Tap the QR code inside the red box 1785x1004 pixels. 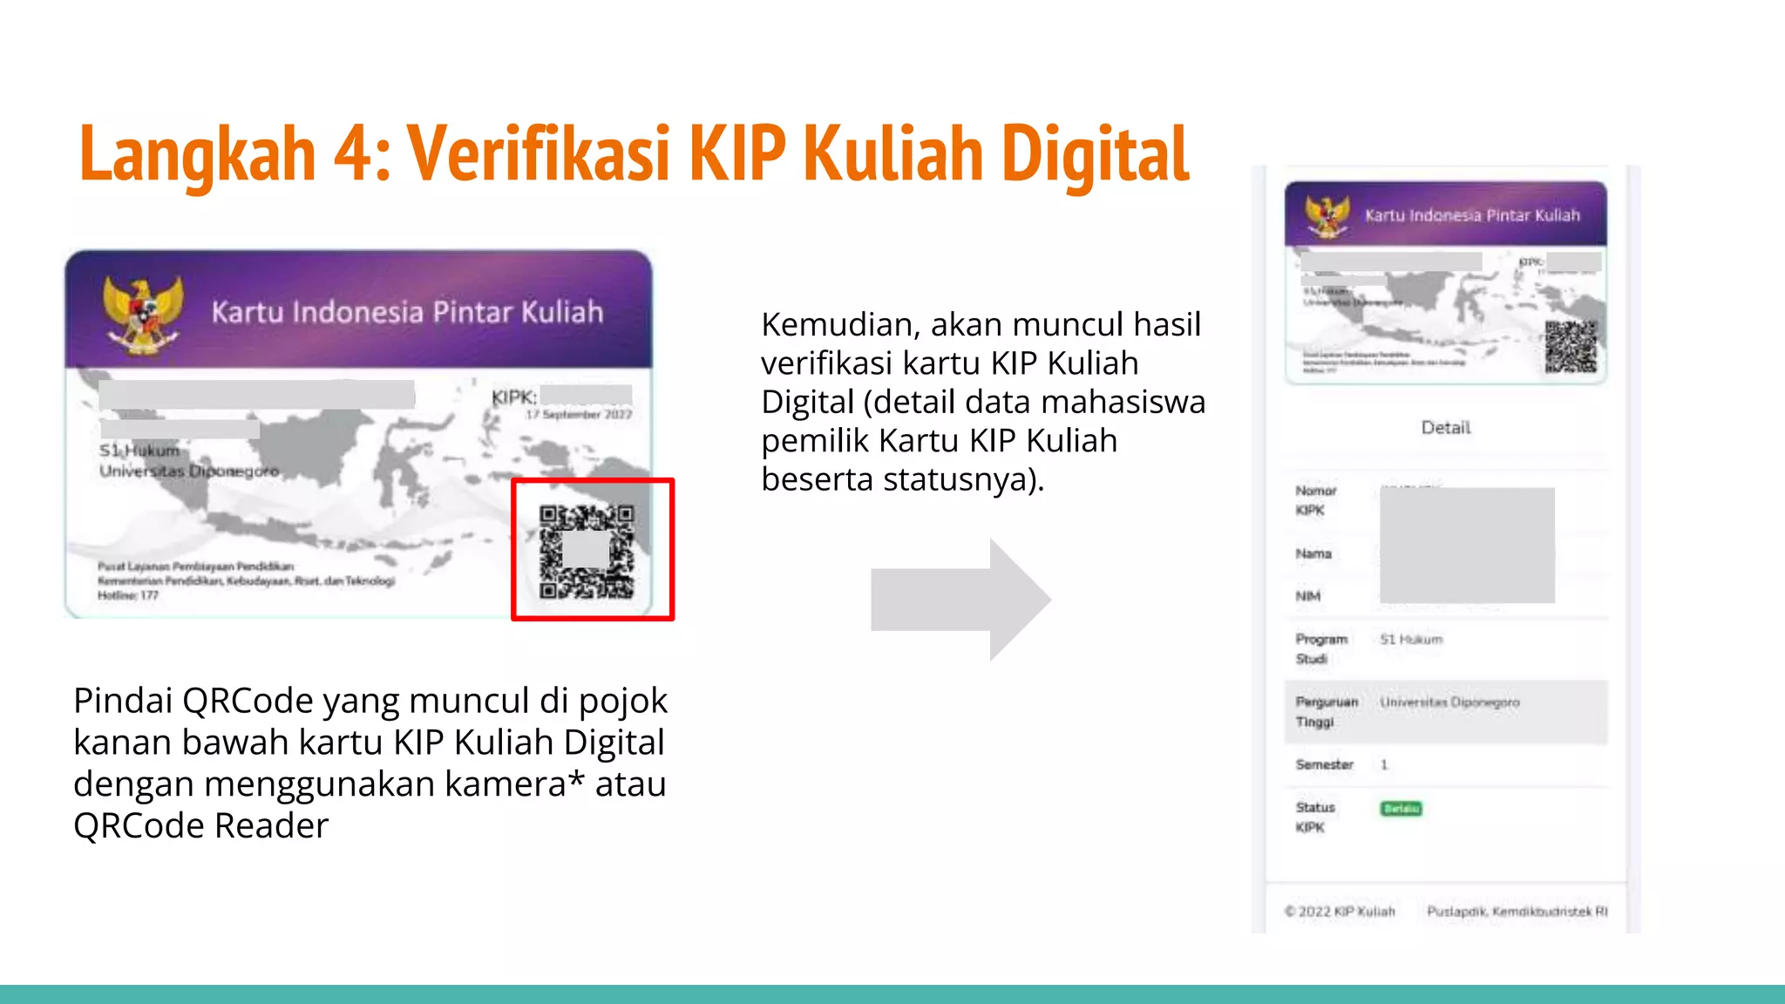pos(587,552)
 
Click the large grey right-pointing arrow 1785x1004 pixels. pos(960,599)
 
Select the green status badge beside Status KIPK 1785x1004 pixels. pos(1401,809)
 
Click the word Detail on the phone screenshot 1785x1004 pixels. pos(1445,427)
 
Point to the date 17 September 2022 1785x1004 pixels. pos(579,415)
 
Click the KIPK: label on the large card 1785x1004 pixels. pos(513,397)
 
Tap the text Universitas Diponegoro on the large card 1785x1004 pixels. pos(189,471)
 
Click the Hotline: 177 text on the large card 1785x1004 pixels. pos(128,595)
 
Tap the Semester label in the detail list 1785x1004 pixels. pos(1324,764)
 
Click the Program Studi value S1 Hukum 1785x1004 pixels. pos(1411,639)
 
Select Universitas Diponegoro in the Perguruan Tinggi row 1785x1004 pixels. pos(1449,702)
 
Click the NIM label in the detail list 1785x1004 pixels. pos(1307,596)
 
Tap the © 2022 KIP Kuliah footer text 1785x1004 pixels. pos(1340,912)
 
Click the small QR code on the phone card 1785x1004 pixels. pos(1571,347)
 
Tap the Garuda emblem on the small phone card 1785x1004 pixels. pos(1327,215)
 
